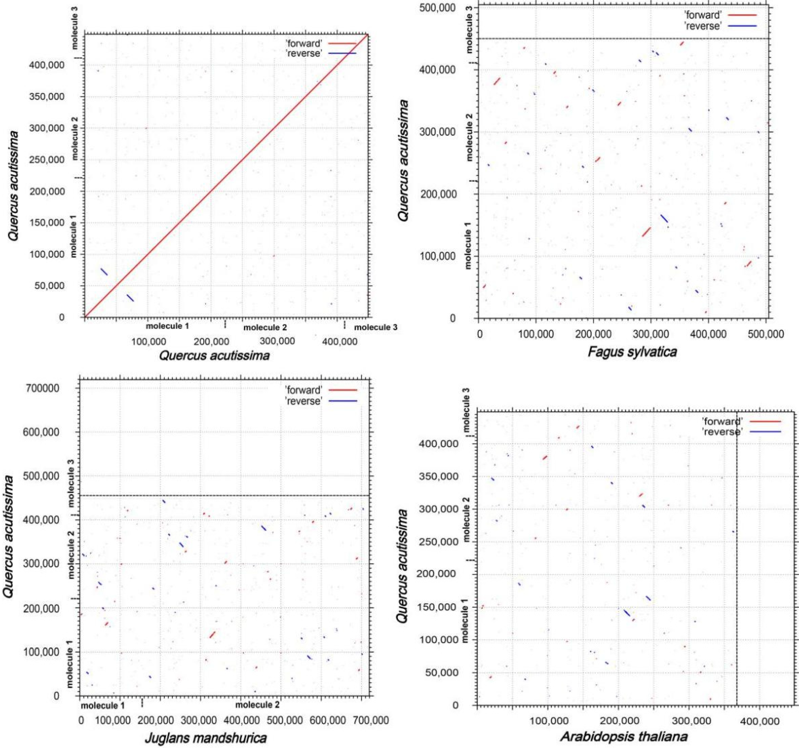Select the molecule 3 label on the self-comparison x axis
pos(375,327)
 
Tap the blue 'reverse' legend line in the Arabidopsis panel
pos(767,432)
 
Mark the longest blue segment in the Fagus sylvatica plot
pos(664,218)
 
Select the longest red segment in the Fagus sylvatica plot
pos(646,232)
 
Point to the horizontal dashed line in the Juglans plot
pos(225,495)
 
